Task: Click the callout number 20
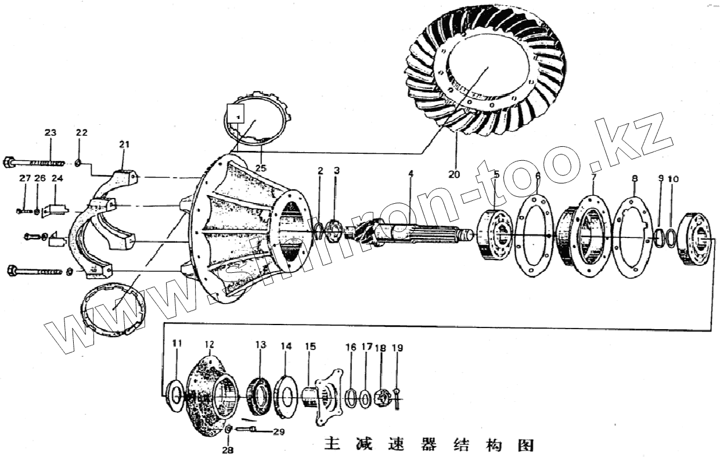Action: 453,174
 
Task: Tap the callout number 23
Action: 51,132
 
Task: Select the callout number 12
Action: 210,344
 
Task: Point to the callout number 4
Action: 410,174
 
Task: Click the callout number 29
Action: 279,432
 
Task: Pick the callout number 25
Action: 261,168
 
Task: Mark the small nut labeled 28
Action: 228,430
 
